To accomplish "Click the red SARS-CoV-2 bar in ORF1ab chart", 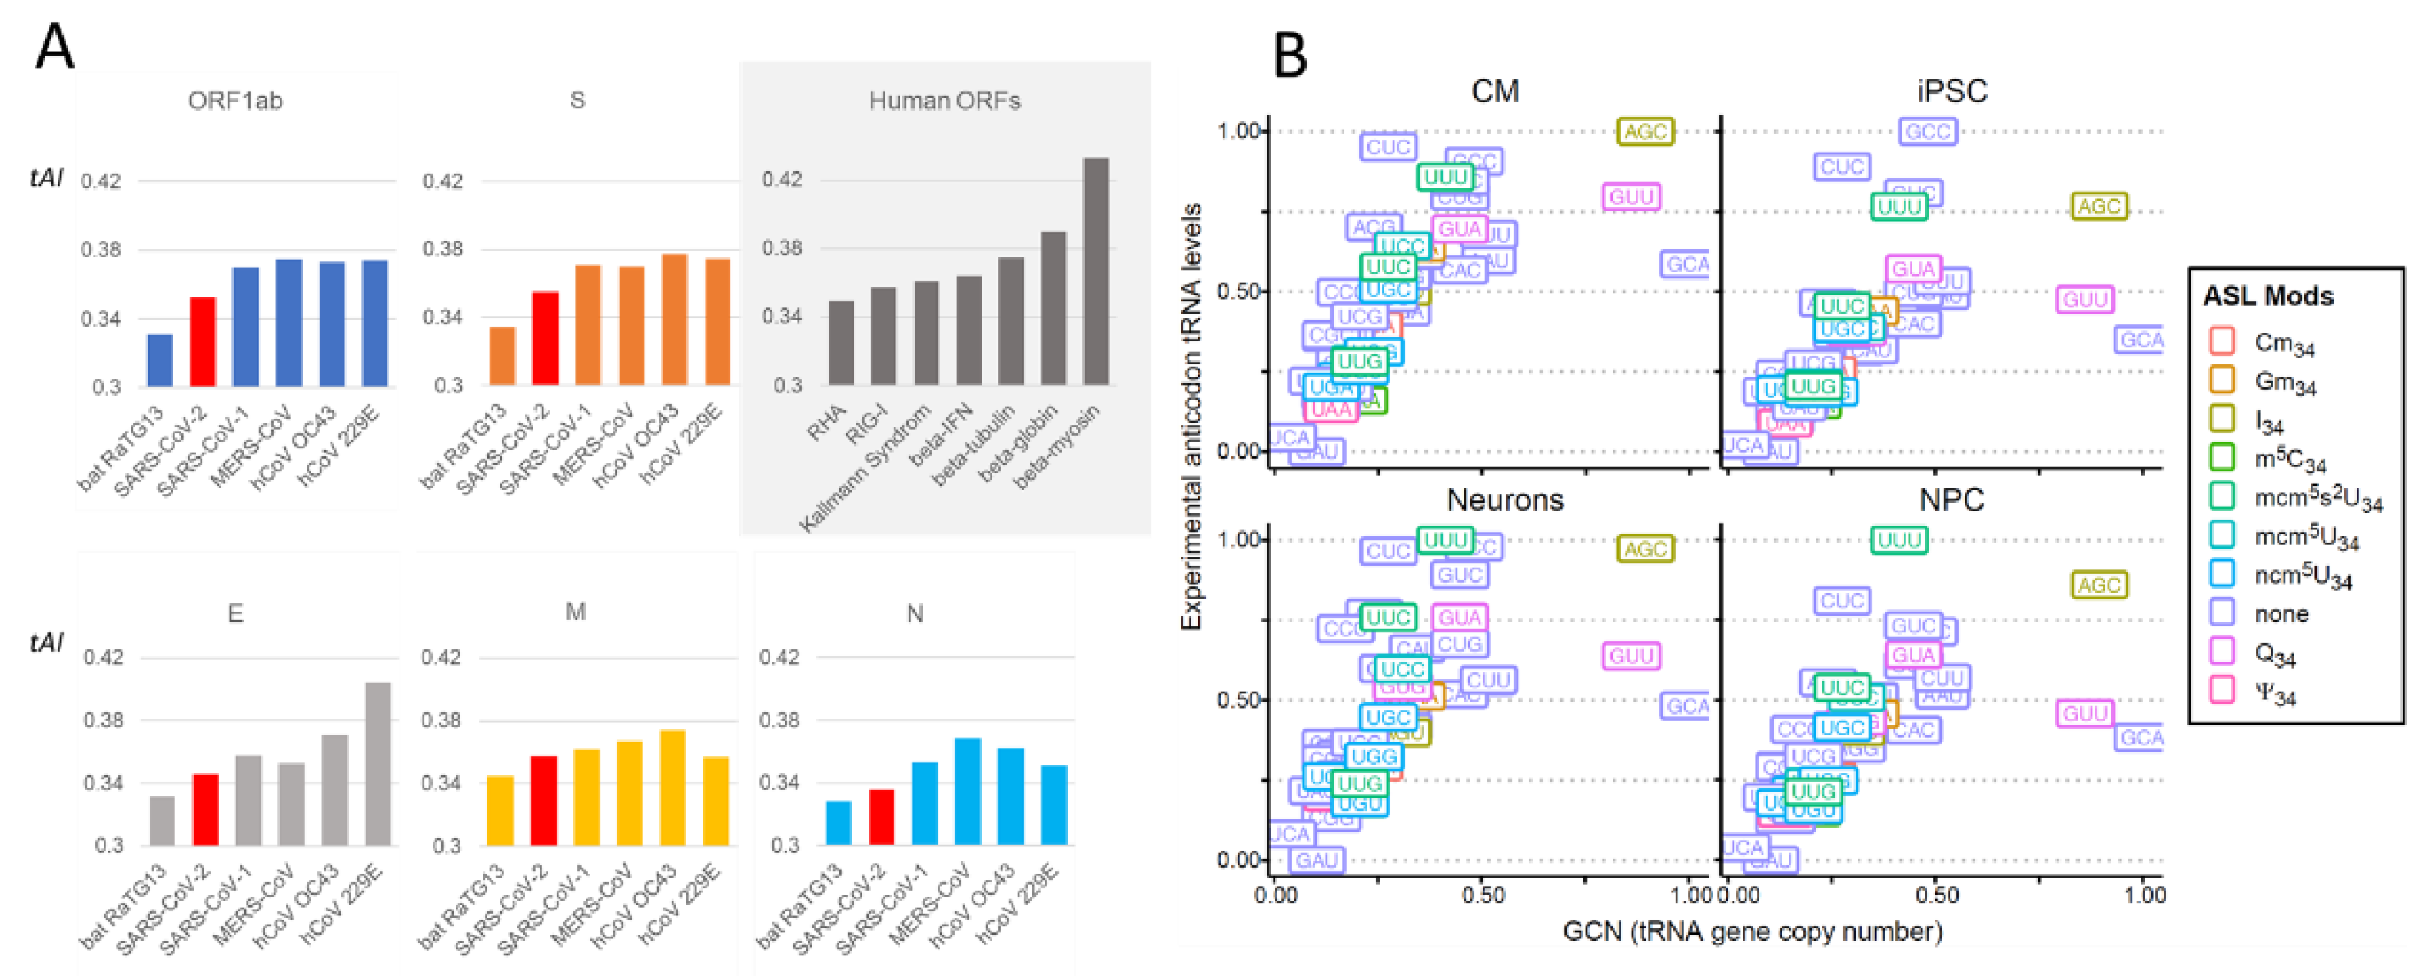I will click(203, 342).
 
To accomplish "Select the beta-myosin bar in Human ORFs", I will click(1095, 272).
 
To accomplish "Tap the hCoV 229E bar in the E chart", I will click(377, 764).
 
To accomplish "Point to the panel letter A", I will click(54, 47).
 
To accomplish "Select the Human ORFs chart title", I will click(944, 101).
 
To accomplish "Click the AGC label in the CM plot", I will click(1645, 132).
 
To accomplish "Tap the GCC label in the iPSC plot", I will click(1927, 132).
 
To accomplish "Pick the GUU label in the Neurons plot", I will click(1630, 656).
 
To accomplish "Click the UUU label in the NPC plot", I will click(1899, 540).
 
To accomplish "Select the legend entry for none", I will click(2281, 615).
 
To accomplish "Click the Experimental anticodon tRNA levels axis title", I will click(1191, 415).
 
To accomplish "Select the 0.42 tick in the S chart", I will click(443, 181).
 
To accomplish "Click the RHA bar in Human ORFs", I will click(840, 343).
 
